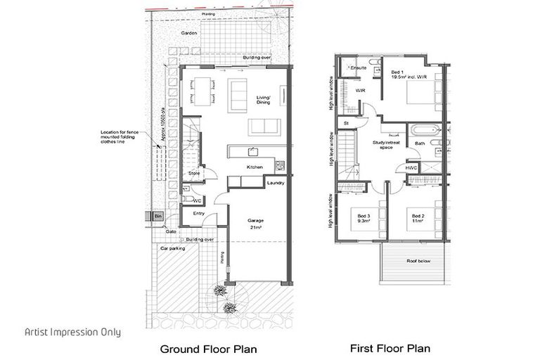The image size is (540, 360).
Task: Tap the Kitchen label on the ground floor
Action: (254, 167)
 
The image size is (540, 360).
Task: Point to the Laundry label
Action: (275, 184)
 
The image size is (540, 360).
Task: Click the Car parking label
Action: (172, 249)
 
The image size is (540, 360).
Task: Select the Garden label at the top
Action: (188, 33)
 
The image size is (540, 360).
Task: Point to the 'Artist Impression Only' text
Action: (72, 332)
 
